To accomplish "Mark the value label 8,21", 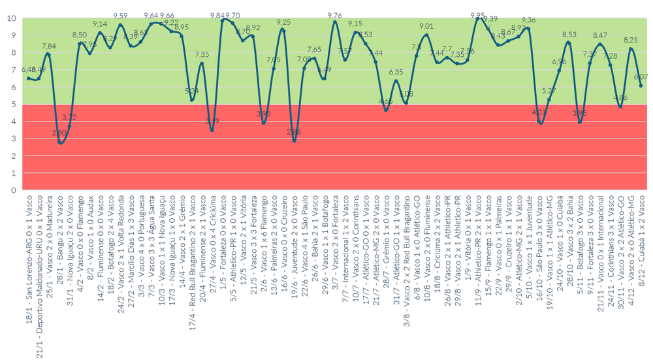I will (631, 41).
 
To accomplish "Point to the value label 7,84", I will (49, 46).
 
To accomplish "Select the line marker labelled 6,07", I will (641, 86).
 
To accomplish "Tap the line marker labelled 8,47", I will (600, 44).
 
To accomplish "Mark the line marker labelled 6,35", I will (396, 81).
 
